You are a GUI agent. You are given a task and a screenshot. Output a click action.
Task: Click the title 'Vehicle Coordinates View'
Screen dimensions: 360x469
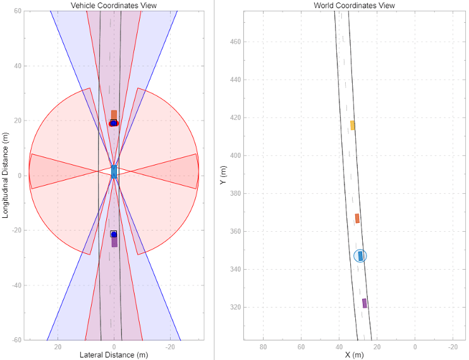(x=114, y=6)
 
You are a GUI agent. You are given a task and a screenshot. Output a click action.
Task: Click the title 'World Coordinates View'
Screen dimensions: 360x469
(x=354, y=6)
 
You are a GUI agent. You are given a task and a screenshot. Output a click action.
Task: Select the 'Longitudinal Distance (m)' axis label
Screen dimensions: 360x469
(x=6, y=176)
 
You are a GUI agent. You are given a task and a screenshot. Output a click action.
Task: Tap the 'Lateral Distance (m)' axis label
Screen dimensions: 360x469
(x=114, y=355)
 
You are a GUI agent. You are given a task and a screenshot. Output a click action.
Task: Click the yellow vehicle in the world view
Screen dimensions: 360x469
(x=353, y=125)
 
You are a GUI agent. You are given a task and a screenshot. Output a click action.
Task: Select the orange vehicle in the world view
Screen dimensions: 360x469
(x=357, y=219)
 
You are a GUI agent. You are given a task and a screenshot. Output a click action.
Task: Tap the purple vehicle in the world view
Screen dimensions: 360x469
(x=365, y=303)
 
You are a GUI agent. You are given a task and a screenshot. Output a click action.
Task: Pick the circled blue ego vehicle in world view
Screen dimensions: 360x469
(x=360, y=256)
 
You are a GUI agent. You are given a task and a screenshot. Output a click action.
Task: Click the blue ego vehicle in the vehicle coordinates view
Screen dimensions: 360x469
(x=114, y=172)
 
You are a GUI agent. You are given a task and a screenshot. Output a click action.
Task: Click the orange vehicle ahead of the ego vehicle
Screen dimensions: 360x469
(x=114, y=115)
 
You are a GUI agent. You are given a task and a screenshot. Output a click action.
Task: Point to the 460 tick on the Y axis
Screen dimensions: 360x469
(x=235, y=42)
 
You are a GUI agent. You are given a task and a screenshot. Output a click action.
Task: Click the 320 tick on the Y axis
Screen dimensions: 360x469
(x=235, y=307)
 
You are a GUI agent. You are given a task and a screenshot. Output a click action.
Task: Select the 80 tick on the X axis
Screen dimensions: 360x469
(x=264, y=346)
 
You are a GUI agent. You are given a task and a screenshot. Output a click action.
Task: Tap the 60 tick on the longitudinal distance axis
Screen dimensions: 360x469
(x=18, y=11)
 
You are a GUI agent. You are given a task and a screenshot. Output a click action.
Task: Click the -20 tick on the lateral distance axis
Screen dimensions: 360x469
(x=170, y=346)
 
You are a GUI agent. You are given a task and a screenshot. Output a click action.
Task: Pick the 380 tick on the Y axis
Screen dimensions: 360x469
(x=235, y=193)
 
